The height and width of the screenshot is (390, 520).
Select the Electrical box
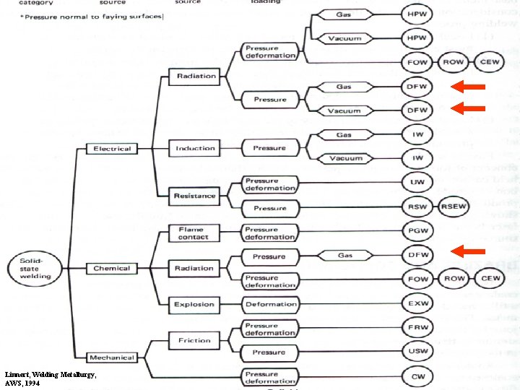click(112, 149)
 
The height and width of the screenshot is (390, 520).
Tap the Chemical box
click(112, 269)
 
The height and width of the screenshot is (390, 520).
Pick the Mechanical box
click(112, 357)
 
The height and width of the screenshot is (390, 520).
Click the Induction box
click(195, 149)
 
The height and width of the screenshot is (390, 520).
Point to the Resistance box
click(194, 196)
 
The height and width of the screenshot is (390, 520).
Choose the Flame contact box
click(194, 233)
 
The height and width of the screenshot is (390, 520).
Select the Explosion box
click(194, 305)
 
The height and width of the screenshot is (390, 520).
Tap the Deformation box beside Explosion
click(270, 305)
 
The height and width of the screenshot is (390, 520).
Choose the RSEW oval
click(454, 207)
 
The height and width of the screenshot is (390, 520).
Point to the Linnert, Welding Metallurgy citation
click(50, 378)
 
